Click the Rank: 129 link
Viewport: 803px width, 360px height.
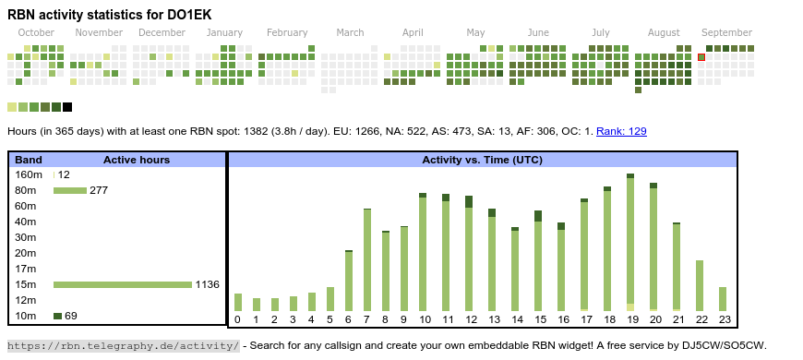621,131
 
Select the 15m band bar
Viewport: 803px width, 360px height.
123,284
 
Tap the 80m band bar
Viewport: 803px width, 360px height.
70,190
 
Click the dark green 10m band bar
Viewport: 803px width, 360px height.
57,316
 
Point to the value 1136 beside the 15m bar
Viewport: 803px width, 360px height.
208,284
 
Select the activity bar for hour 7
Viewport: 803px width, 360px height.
367,259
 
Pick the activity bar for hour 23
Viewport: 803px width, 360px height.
722,299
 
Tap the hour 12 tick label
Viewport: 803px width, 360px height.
471,320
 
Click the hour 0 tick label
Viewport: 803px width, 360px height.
237,320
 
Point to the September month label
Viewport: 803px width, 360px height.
726,33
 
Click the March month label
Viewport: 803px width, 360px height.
351,33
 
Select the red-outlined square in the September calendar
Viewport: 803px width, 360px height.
701,57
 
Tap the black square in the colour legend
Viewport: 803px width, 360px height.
67,107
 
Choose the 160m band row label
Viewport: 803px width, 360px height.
29,174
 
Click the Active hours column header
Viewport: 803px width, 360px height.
137,160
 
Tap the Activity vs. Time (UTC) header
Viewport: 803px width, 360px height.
482,160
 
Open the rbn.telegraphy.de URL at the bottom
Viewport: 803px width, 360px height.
124,345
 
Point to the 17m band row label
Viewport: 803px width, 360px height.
26,269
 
